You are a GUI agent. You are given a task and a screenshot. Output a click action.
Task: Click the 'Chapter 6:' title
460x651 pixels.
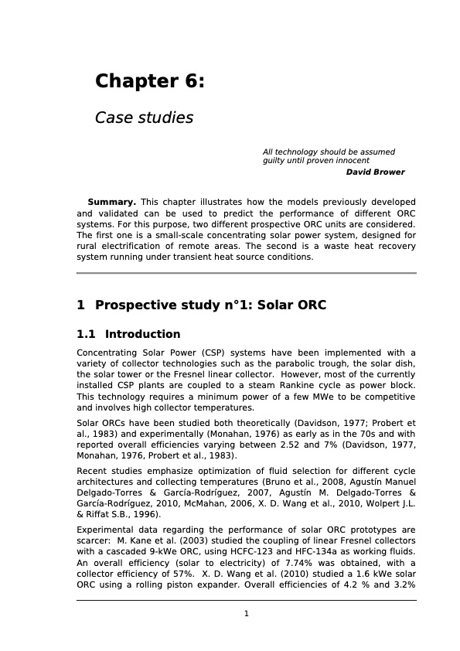[x=149, y=81]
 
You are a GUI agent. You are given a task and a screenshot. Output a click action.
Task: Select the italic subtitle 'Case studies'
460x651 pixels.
[x=143, y=118]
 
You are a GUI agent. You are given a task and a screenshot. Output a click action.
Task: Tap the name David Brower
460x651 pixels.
[x=375, y=172]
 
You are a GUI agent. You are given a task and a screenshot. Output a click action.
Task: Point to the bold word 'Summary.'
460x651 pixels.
[x=112, y=202]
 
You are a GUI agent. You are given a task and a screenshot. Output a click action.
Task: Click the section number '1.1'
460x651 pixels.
[x=87, y=335]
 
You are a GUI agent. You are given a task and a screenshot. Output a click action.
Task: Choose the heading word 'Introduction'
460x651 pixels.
[x=142, y=335]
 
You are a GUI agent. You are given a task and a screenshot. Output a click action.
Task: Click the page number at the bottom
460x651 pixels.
[x=246, y=614]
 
